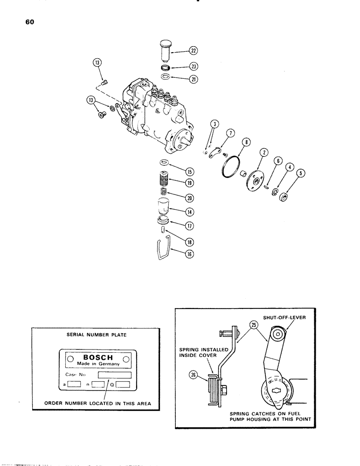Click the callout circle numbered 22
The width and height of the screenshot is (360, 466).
point(194,52)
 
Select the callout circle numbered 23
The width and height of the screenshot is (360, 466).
point(194,67)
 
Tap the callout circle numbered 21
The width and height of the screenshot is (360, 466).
point(194,79)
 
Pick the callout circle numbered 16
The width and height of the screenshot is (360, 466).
point(190,254)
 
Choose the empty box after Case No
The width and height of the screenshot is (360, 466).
point(114,375)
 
